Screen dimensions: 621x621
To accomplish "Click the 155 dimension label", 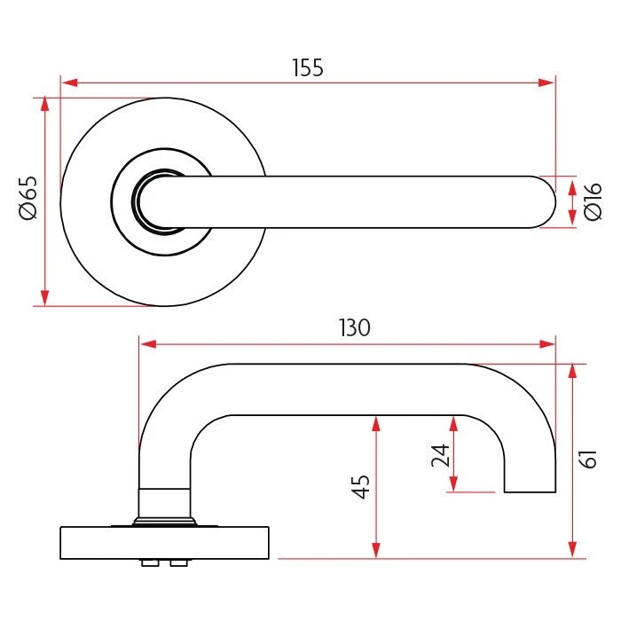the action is [x=308, y=67].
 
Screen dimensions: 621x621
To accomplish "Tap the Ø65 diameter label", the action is [x=28, y=198].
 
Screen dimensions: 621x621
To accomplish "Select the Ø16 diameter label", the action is [x=593, y=201].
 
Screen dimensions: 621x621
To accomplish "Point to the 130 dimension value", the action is [x=355, y=327].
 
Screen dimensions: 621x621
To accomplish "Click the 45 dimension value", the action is [x=361, y=486].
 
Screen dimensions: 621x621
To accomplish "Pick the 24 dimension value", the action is [x=440, y=455].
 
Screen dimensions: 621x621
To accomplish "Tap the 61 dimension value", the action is [x=588, y=460].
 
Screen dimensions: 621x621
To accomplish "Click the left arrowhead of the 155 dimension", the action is [x=69, y=83].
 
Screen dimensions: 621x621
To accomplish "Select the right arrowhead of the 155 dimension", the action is [x=546, y=83].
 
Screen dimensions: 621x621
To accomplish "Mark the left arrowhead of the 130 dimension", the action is [x=148, y=344].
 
